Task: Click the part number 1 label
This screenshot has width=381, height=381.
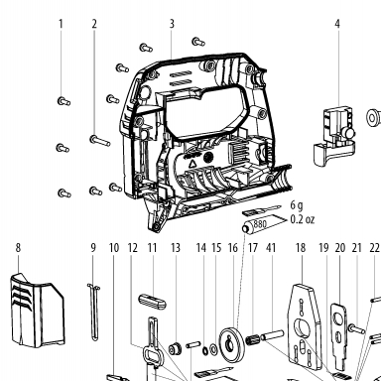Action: coord(61,24)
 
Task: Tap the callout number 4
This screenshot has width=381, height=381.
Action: coord(337,24)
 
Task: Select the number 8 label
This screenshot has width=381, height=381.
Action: coord(18,248)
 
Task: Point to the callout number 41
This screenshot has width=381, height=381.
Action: coord(271,248)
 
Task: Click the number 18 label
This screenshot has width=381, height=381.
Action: coord(301,248)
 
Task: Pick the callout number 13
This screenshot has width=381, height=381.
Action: coord(176,248)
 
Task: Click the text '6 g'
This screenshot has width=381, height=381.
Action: coord(297,205)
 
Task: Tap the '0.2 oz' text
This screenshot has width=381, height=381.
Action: coord(303,219)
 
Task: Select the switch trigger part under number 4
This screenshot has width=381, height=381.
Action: coord(334,136)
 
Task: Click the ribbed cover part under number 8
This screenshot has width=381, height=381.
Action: coord(38,311)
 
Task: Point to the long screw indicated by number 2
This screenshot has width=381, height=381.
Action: coord(99,141)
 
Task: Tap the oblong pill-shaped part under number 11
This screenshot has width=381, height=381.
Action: coord(152,301)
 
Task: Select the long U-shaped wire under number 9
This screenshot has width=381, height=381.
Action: coord(94,311)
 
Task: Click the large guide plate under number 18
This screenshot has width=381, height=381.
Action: coord(305,326)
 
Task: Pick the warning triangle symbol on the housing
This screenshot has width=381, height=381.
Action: coord(192,163)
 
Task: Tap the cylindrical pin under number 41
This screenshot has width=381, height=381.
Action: coord(273,335)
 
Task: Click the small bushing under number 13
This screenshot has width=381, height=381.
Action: coord(175,349)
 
